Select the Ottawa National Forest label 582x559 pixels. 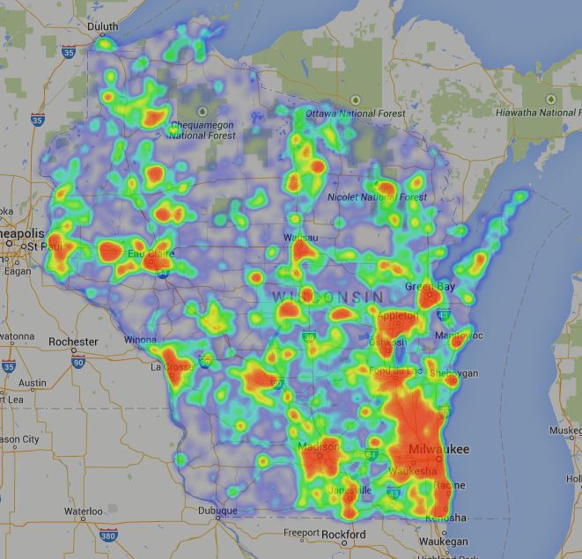pyautogui.click(x=356, y=114)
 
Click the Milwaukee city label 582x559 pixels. pyautogui.click(x=439, y=450)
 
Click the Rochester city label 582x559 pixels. pyautogui.click(x=74, y=342)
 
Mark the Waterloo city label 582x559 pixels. pyautogui.click(x=83, y=511)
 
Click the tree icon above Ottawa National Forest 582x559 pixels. pyautogui.click(x=356, y=99)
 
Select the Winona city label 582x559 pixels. pyautogui.click(x=140, y=340)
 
